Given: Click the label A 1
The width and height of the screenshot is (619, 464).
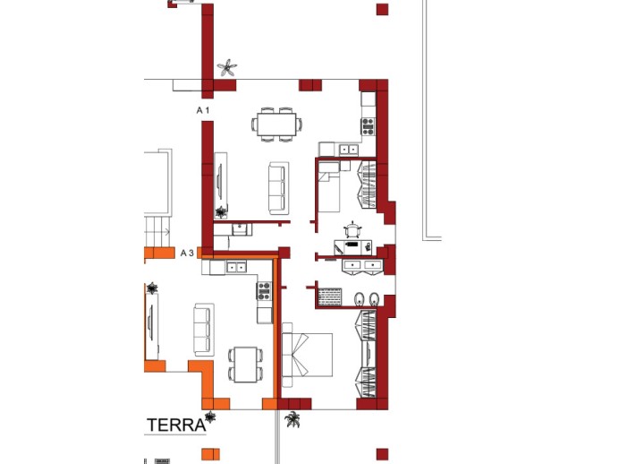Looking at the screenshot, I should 203,109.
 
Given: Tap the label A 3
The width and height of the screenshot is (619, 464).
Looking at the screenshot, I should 187,253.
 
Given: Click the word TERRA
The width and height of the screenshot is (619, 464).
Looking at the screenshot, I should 176,425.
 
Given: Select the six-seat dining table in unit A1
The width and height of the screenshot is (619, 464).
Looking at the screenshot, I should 276,124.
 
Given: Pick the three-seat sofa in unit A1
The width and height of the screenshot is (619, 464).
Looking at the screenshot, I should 279,183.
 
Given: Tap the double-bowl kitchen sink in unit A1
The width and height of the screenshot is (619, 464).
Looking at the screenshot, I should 349,149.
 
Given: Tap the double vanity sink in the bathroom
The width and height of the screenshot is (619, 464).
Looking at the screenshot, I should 361,265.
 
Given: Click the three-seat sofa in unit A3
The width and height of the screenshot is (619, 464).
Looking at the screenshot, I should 204,329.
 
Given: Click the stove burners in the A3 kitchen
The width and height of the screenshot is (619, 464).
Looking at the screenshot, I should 264,289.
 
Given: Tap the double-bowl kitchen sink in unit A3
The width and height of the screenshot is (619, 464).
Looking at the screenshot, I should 237,266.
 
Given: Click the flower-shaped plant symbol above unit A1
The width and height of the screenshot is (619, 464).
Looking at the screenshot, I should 228,68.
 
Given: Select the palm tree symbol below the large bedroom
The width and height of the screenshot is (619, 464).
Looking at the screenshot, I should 293,418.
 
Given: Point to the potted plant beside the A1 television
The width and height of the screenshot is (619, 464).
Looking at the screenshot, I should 220,211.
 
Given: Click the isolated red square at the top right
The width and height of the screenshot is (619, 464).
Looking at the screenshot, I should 382,10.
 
